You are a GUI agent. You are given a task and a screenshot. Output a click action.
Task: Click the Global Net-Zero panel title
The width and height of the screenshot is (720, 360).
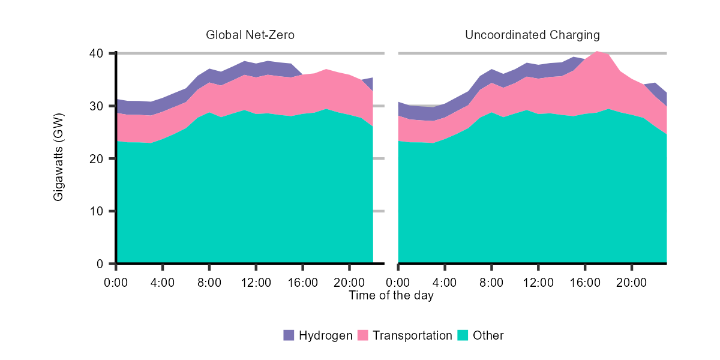[x=250, y=35]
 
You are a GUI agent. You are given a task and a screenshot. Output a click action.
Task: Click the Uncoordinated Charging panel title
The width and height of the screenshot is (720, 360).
[x=532, y=35]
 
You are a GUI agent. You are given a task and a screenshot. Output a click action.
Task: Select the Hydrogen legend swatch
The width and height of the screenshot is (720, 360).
[x=289, y=335]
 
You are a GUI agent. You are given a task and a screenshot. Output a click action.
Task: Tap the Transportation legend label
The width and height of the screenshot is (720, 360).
[x=412, y=335]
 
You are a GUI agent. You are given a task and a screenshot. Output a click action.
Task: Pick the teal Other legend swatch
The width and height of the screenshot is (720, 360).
[x=463, y=335]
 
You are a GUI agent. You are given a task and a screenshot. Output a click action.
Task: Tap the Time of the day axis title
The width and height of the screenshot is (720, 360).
[x=391, y=295]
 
